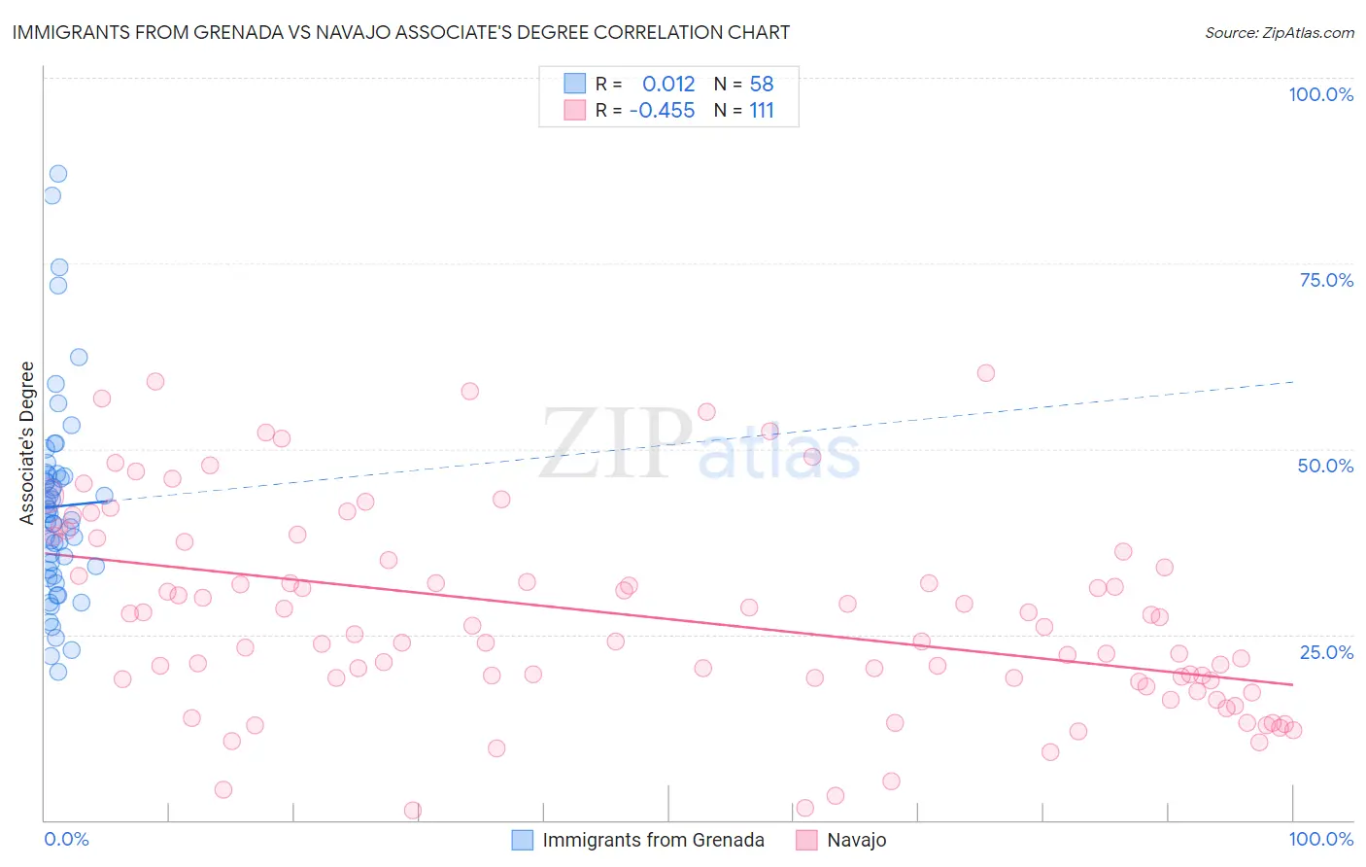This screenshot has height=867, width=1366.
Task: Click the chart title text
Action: pyautogui.click(x=400, y=32)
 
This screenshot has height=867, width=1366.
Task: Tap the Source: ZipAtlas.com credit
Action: pyautogui.click(x=1279, y=32)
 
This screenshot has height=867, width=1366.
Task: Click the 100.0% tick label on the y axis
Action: pyautogui.click(x=1320, y=94)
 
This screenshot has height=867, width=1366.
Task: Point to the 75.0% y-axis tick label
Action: pyautogui.click(x=1326, y=280)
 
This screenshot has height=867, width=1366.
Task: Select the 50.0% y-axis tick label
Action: pyautogui.click(x=1325, y=466)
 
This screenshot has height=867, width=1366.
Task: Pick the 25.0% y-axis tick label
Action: pyautogui.click(x=1326, y=651)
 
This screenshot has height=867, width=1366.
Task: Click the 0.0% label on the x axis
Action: pyautogui.click(x=66, y=839)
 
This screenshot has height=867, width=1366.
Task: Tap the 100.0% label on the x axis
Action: pyautogui.click(x=1320, y=839)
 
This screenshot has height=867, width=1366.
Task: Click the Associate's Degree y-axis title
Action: pyautogui.click(x=27, y=442)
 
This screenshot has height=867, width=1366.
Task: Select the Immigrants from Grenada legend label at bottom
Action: pyautogui.click(x=653, y=840)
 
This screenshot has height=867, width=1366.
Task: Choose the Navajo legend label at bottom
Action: pyautogui.click(x=856, y=840)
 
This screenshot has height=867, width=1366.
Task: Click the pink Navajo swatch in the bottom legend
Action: pyautogui.click(x=806, y=840)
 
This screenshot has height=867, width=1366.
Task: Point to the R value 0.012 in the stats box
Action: pyautogui.click(x=668, y=84)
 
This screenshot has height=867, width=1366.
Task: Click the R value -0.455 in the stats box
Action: pyautogui.click(x=662, y=110)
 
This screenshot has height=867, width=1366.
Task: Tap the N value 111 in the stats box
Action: pyautogui.click(x=762, y=110)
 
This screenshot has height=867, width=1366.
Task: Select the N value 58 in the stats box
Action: pyautogui.click(x=762, y=84)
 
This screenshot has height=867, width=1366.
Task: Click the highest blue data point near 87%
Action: pyautogui.click(x=58, y=173)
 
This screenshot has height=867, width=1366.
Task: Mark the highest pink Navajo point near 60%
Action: pyautogui.click(x=986, y=372)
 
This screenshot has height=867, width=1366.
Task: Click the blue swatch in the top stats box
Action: pyautogui.click(x=575, y=84)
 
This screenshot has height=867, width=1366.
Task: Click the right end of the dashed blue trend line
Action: pyautogui.click(x=1292, y=382)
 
